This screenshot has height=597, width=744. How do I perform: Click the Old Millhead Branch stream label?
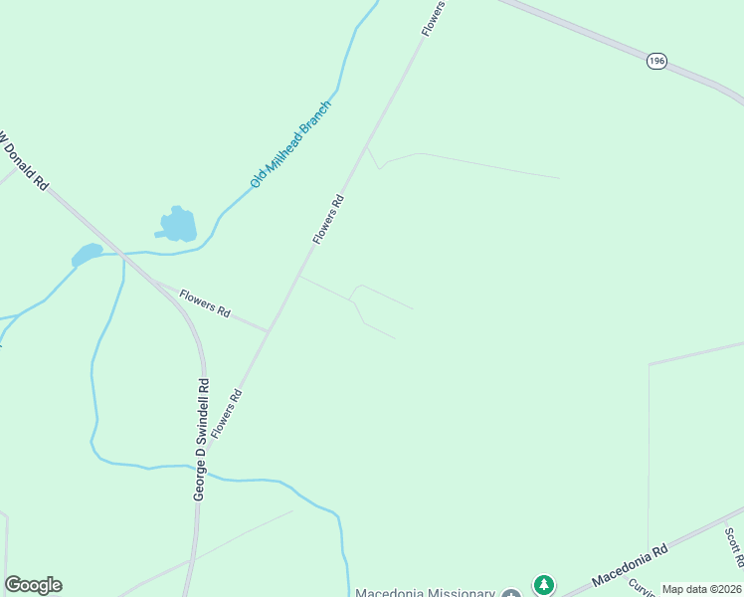tap(290, 144)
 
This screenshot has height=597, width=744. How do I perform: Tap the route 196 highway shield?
tap(656, 62)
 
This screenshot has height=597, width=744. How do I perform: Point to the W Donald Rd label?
tap(22, 156)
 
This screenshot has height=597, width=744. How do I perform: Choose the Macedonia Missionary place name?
tap(425, 592)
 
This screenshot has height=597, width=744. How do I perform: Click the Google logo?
tap(33, 585)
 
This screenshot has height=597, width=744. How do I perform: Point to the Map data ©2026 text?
tap(701, 589)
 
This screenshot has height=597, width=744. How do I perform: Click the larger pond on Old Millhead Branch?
tap(179, 225)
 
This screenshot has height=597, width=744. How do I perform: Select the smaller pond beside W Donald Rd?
tap(88, 255)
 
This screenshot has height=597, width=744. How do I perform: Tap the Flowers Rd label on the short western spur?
tap(206, 305)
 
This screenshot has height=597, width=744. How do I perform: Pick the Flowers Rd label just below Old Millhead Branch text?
tap(328, 219)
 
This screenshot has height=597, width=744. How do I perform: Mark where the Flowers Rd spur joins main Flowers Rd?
tap(270, 329)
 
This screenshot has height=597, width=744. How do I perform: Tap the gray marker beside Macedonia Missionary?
tap(510, 593)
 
